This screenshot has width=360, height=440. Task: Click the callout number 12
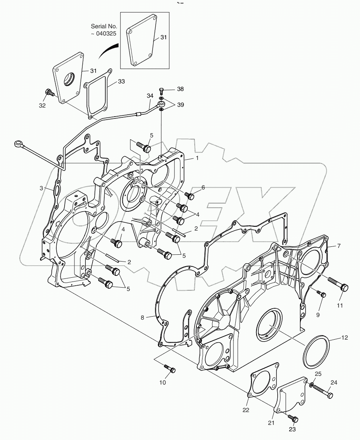point(345,338)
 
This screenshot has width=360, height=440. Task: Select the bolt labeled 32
point(49,93)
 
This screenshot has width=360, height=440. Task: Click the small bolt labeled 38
point(162,91)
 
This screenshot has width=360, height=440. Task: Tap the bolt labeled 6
point(190,195)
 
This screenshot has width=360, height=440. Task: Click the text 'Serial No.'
point(104,26)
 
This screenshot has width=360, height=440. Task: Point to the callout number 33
point(121,81)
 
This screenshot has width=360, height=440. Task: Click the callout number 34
point(150,96)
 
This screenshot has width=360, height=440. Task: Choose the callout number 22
point(246,410)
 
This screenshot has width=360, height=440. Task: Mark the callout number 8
point(142,318)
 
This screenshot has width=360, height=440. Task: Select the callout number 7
point(339,246)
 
